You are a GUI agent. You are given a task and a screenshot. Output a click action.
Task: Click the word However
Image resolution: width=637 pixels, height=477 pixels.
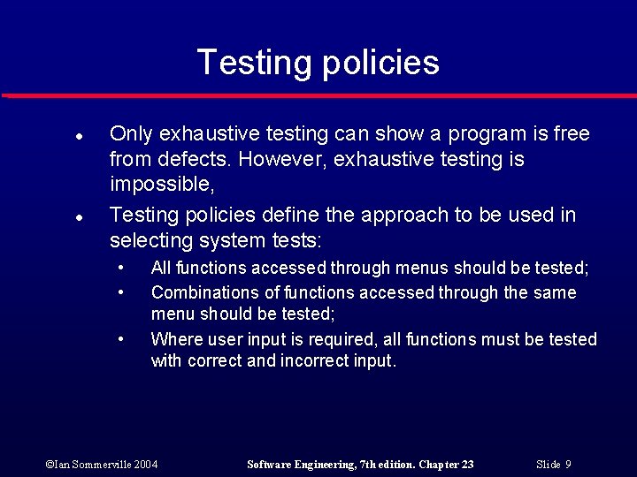pos(280,160)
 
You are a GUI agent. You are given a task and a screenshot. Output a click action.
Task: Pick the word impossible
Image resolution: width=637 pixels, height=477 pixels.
pos(161,185)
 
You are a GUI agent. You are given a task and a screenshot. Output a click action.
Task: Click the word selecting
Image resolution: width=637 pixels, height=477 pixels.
pos(150,240)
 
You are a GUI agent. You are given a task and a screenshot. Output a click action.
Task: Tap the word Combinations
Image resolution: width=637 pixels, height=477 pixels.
pos(206,292)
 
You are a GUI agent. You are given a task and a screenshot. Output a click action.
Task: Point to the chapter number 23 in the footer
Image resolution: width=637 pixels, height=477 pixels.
pos(466,465)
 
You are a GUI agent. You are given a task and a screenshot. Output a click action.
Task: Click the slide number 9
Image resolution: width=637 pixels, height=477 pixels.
pos(568,465)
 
